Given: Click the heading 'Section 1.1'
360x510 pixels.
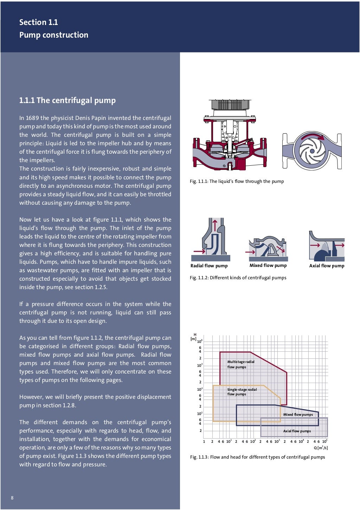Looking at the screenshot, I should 38,22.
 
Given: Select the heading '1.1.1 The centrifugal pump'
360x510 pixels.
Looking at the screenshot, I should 67,100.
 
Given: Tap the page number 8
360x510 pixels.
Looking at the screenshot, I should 12,498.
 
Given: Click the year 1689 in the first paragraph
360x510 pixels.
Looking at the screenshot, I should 32,118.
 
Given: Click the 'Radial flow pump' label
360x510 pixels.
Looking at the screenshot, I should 209,266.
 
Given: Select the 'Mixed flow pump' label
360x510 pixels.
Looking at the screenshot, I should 268,266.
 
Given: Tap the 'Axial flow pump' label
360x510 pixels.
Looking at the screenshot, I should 327,266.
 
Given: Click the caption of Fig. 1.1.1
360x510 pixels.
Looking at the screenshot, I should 237,181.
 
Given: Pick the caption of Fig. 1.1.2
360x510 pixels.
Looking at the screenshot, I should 238,278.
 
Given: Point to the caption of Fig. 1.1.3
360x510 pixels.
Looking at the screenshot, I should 257,457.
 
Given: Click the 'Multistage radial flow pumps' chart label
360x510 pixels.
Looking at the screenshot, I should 240,364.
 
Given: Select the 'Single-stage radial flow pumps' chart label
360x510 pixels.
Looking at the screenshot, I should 242,392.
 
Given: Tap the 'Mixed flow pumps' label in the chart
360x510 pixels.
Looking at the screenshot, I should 298,415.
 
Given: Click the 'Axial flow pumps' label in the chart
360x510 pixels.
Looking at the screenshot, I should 297,431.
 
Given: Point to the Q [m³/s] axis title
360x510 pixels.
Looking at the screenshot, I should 321,448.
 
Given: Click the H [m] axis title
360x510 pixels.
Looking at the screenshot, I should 194,337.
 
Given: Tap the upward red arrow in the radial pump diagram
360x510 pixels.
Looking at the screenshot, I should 215,225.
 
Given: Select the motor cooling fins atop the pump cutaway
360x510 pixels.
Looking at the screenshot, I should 230,104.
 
